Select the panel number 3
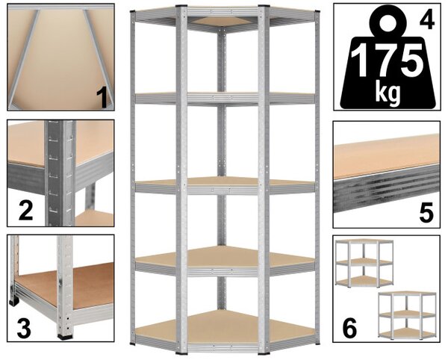[24, 329]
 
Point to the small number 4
[427, 19]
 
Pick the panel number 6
[349, 328]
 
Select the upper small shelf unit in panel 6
[364, 263]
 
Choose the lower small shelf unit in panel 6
[407, 315]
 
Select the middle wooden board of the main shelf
[225, 181]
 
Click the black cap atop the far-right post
[317, 13]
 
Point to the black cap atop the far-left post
[133, 13]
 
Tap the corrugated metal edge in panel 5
[386, 188]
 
